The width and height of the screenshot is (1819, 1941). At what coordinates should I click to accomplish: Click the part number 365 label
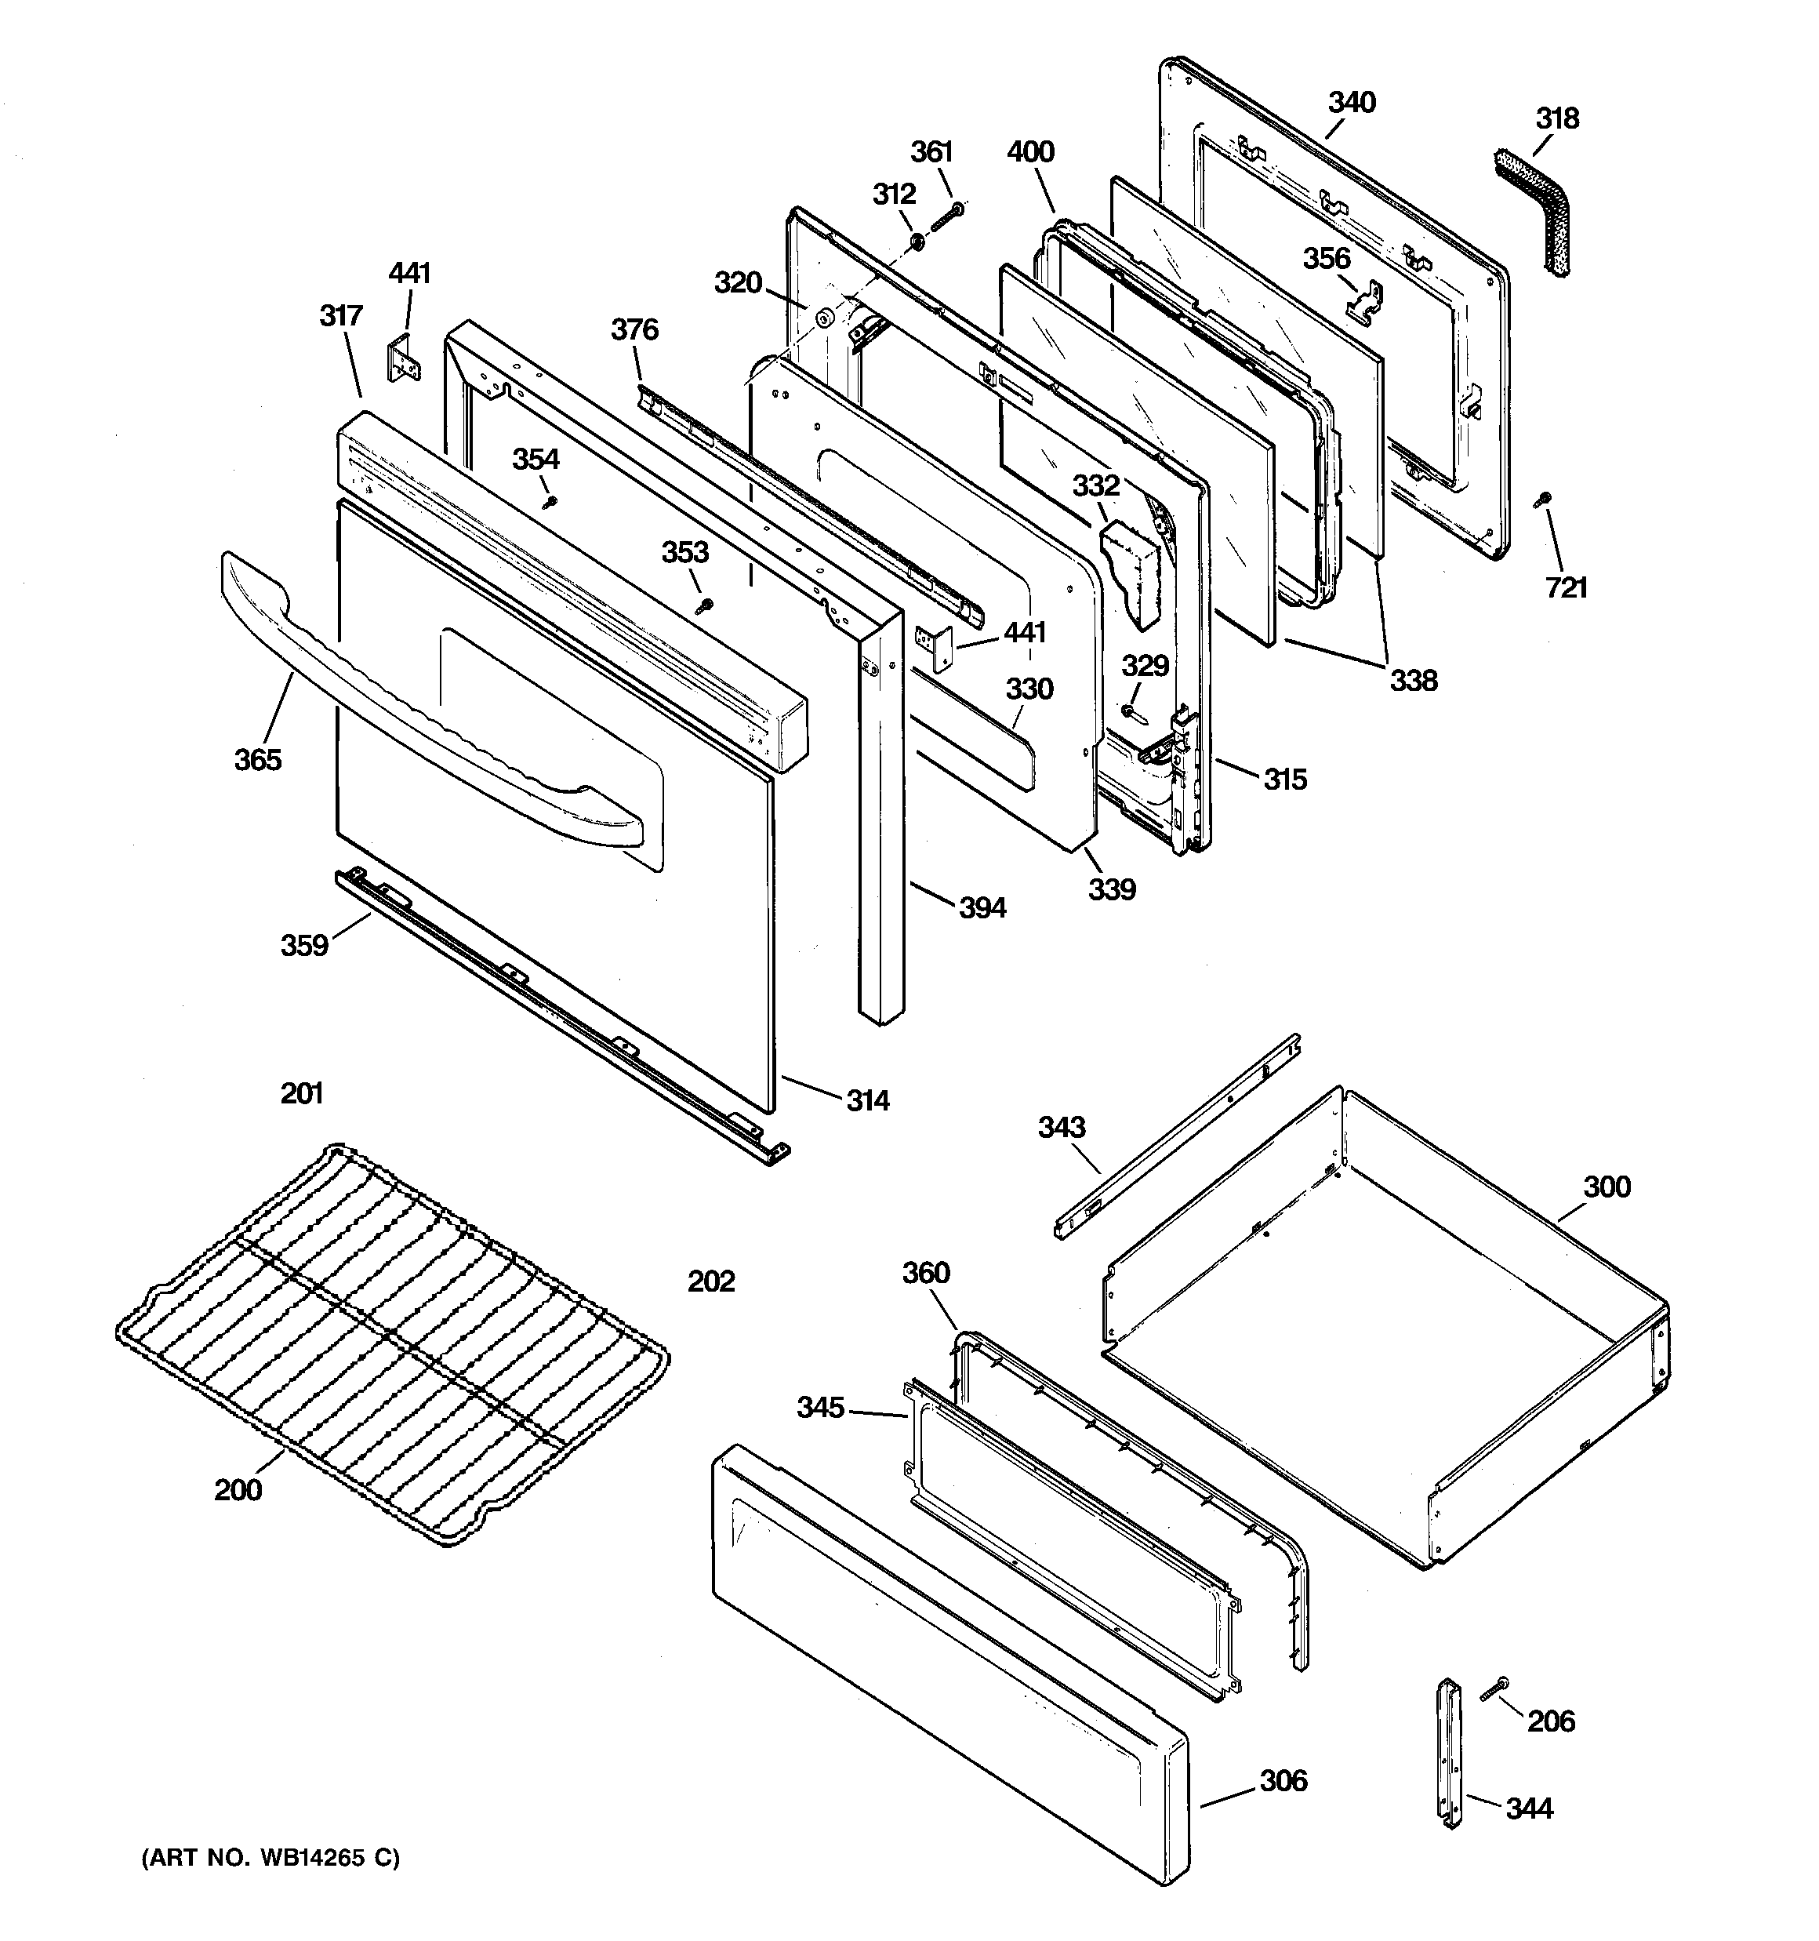258,760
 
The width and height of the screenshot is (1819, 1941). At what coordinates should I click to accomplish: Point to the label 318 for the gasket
1556,118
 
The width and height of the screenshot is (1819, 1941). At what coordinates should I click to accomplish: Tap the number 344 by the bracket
1528,1808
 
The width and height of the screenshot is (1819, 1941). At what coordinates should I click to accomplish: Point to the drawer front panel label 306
1282,1781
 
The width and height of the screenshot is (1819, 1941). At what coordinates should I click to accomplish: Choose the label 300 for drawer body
1607,1187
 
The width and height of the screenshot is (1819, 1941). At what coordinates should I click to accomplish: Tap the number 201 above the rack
302,1093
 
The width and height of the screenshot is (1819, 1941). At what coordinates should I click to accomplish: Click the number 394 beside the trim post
982,908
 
